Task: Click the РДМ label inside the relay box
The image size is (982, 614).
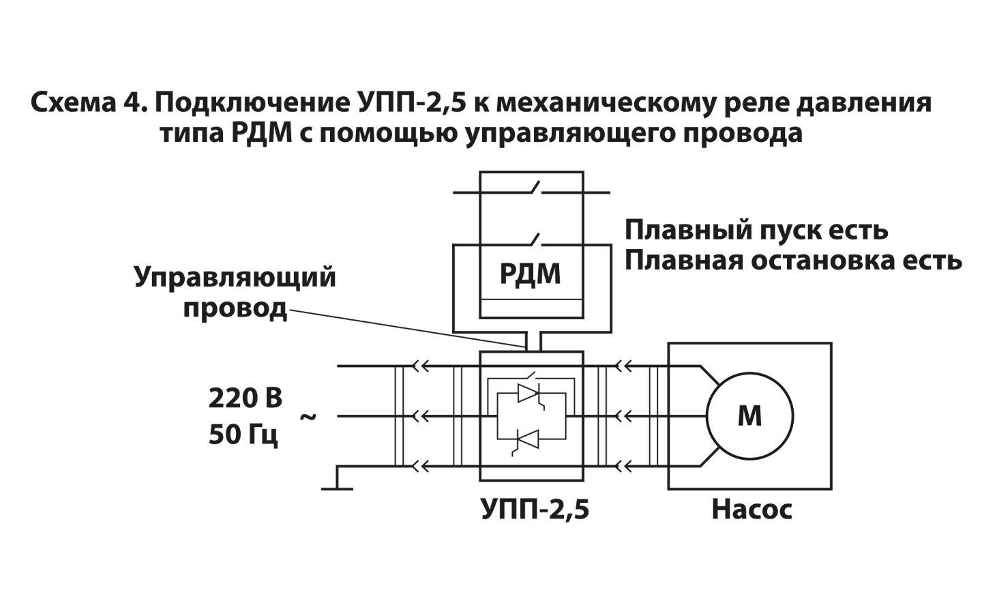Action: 531,274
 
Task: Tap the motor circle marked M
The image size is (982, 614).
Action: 749,415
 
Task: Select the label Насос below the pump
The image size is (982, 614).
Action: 752,510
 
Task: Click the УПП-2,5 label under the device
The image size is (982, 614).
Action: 535,510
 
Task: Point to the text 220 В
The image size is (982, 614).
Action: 245,398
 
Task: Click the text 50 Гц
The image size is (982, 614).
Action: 243,435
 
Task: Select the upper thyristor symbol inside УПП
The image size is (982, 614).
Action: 530,393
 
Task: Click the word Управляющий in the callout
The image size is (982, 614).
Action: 235,278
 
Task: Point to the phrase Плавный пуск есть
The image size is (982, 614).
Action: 756,231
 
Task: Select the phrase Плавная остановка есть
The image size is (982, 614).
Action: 793,261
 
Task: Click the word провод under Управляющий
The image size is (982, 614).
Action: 235,308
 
